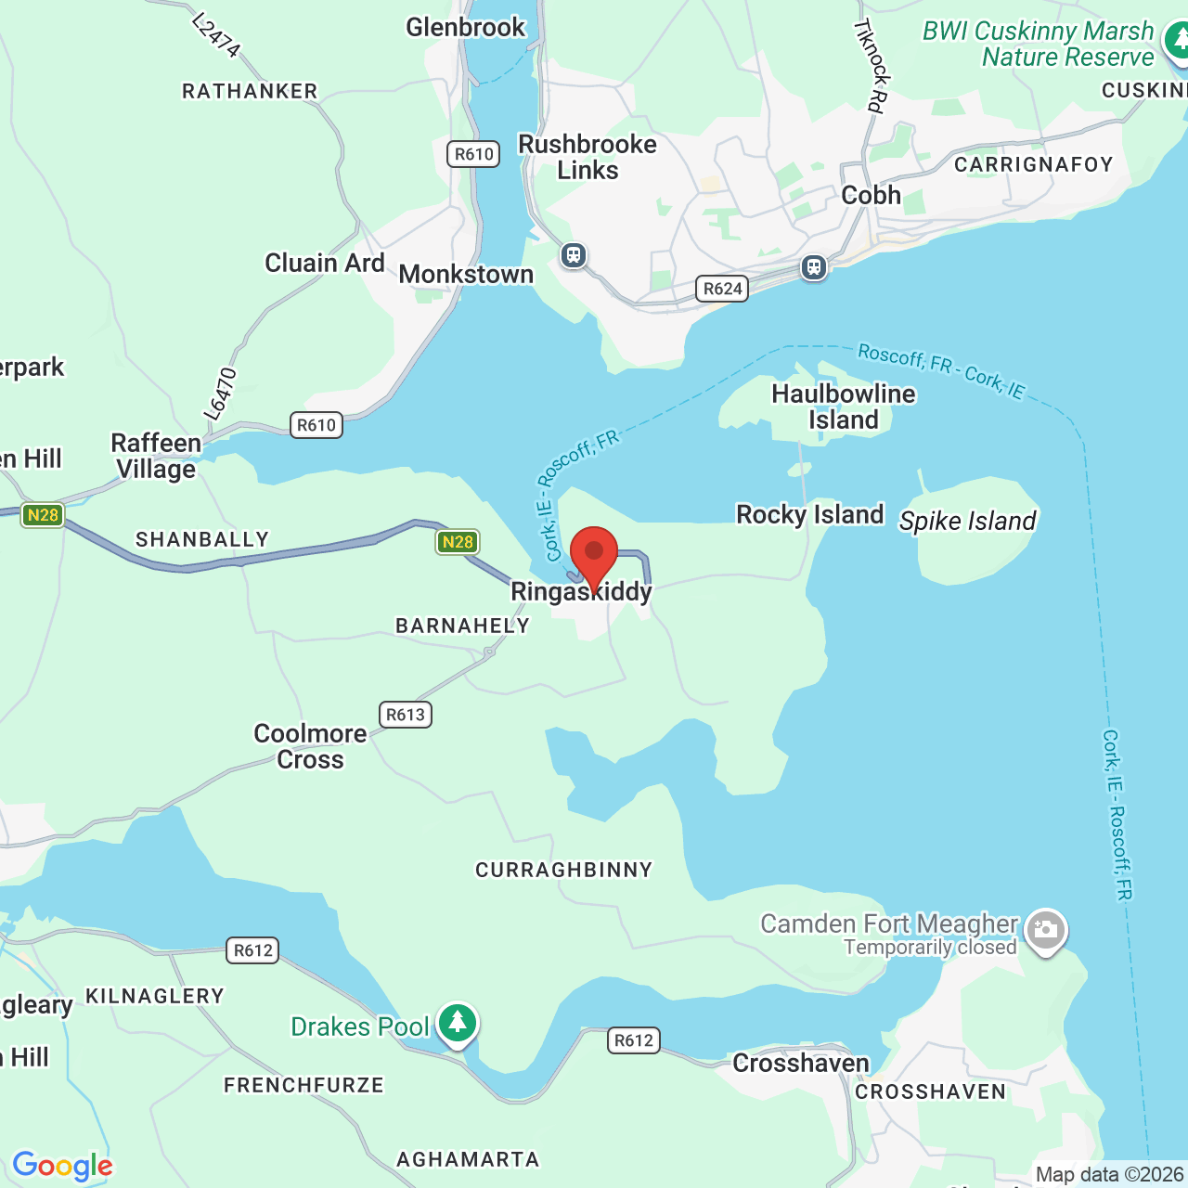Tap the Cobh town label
click(871, 196)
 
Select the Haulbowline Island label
click(843, 407)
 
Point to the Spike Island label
click(967, 522)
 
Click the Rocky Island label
click(809, 515)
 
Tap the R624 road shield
click(722, 289)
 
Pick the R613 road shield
click(406, 715)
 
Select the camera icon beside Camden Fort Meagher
click(1046, 929)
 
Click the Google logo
click(62, 1166)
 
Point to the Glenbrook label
click(466, 28)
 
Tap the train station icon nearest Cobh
click(814, 268)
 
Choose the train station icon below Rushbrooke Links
click(574, 254)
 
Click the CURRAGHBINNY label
click(564, 871)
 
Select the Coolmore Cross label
click(311, 746)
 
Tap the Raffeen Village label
click(156, 456)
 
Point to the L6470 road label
click(221, 394)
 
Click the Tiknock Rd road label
click(872, 65)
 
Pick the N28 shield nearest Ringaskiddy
click(457, 542)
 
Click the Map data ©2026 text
click(1109, 1175)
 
